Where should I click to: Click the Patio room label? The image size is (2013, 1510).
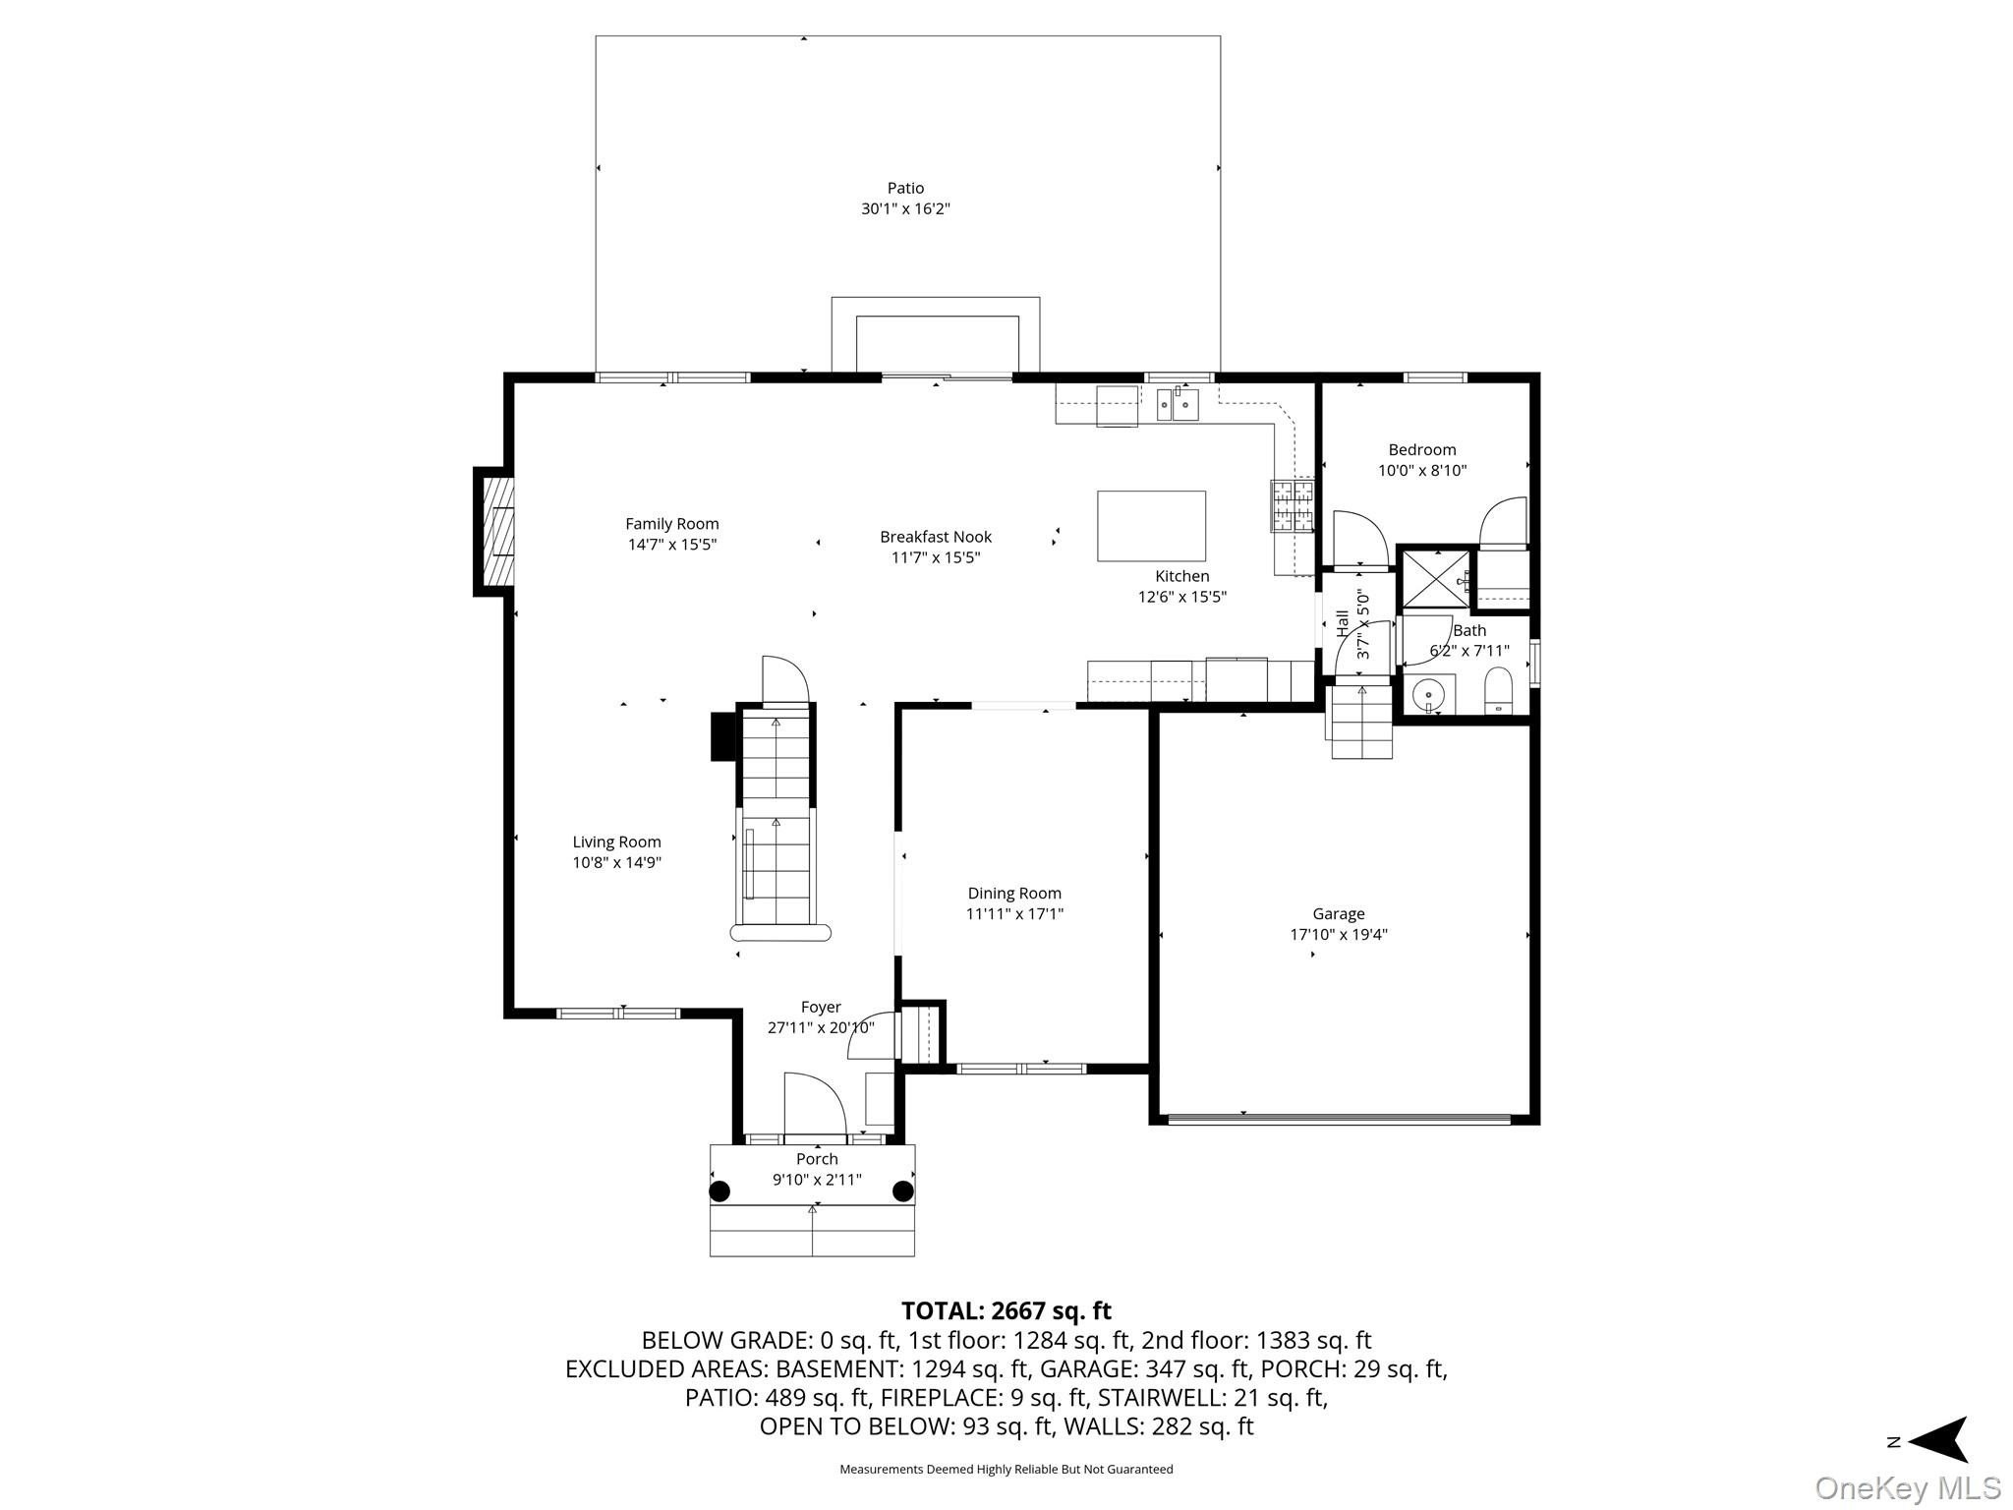pyautogui.click(x=905, y=188)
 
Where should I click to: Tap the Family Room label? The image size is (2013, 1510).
pyautogui.click(x=672, y=524)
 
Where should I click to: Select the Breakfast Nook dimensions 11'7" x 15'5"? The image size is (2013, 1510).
pyautogui.click(x=936, y=557)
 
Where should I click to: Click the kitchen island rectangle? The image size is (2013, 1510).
pyautogui.click(x=1151, y=526)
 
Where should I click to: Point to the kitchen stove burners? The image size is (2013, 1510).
pyautogui.click(x=1294, y=505)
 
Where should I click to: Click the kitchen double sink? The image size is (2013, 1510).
pyautogui.click(x=1178, y=404)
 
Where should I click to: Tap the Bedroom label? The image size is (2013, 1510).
pyautogui.click(x=1422, y=450)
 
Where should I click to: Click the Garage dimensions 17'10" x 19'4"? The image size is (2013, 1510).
pyautogui.click(x=1339, y=935)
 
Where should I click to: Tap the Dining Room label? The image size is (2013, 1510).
pyautogui.click(x=1014, y=894)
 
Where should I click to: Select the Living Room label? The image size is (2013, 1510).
pyautogui.click(x=617, y=842)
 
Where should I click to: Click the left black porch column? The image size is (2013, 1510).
pyautogui.click(x=720, y=1191)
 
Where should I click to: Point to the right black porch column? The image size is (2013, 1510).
pyautogui.click(x=902, y=1191)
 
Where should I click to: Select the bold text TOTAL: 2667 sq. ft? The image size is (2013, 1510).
pyautogui.click(x=1006, y=1310)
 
